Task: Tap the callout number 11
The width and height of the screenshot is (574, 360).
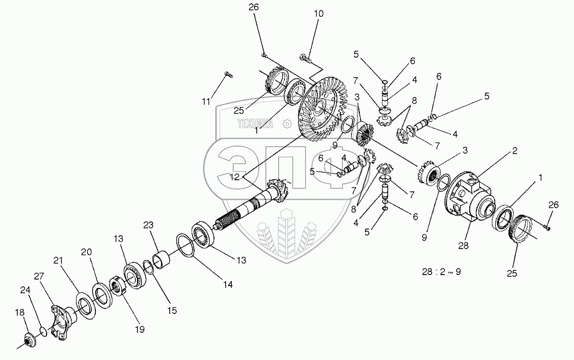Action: coord(206,101)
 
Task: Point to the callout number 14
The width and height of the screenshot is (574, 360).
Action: coord(227,285)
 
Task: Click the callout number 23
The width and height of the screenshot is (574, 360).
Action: coord(148,226)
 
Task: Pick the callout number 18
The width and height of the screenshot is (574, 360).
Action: coord(21,313)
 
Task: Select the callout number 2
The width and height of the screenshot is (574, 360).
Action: coord(515,150)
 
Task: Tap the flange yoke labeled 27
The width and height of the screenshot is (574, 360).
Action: coord(62,320)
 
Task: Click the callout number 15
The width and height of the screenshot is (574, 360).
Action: coord(172,311)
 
